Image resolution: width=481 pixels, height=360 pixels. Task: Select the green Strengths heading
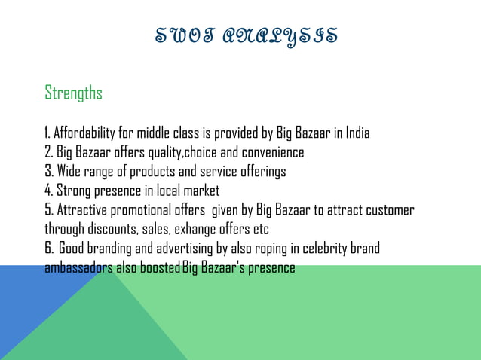pyautogui.click(x=73, y=93)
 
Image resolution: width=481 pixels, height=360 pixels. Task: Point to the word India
pyautogui.click(x=357, y=135)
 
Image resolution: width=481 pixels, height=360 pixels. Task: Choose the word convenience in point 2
pyautogui.click(x=272, y=153)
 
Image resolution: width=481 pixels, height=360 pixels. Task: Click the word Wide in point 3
pyautogui.click(x=69, y=172)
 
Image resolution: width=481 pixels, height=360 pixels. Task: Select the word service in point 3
pyautogui.click(x=215, y=172)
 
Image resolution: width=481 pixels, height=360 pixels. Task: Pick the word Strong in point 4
pyautogui.click(x=73, y=191)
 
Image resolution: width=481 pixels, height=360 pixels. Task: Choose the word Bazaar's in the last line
pyautogui.click(x=219, y=267)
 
